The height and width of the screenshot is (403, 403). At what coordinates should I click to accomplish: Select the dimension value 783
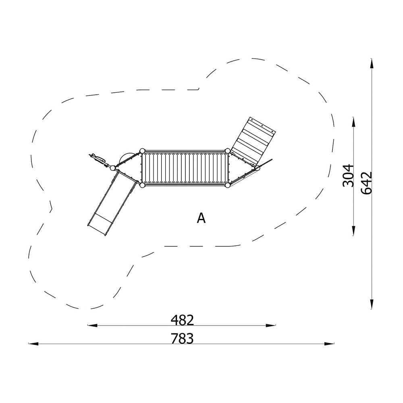tap(182, 339)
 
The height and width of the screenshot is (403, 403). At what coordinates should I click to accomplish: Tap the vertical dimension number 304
tap(349, 176)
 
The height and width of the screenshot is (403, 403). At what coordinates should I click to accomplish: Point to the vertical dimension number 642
tap(366, 183)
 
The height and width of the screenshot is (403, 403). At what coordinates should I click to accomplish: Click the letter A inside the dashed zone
tap(201, 218)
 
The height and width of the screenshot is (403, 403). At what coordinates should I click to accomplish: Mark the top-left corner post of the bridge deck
tap(142, 151)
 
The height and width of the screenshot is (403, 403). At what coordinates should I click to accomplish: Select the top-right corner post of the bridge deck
tap(227, 151)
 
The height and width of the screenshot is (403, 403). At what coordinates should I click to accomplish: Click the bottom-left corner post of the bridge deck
tap(142, 185)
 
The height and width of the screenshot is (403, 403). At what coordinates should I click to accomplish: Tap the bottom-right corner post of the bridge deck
tap(227, 185)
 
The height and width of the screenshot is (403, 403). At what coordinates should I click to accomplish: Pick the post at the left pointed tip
tap(112, 168)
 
